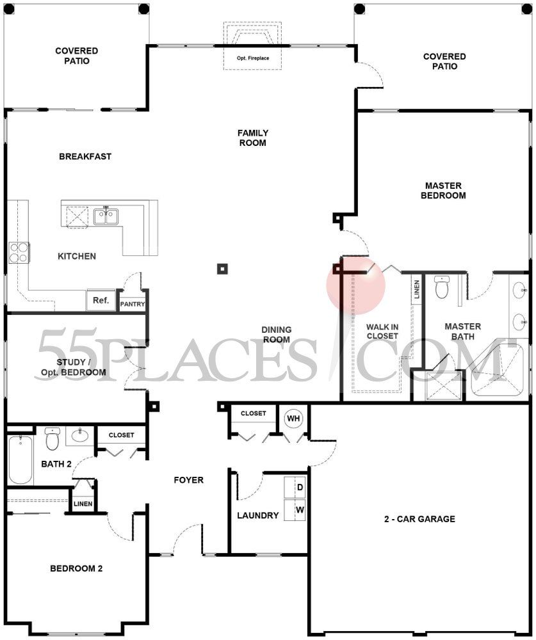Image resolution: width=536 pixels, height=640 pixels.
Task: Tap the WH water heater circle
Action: pyautogui.click(x=293, y=419)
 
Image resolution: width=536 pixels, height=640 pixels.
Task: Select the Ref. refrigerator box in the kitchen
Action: pyautogui.click(x=101, y=300)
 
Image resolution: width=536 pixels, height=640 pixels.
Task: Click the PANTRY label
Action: pyautogui.click(x=133, y=305)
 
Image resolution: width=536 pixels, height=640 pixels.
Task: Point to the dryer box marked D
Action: pyautogui.click(x=298, y=487)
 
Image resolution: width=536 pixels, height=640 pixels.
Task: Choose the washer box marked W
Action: pyautogui.click(x=298, y=511)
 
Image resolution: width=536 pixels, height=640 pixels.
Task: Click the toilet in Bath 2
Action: pyautogui.click(x=52, y=440)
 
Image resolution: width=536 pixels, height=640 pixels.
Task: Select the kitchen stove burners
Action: pyautogui.click(x=18, y=252)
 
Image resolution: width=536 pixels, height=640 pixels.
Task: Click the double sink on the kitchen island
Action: pyautogui.click(x=106, y=216)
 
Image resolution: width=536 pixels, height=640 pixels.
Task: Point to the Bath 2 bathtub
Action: pyautogui.click(x=19, y=460)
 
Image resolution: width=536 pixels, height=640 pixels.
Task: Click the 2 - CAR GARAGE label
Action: pyautogui.click(x=416, y=519)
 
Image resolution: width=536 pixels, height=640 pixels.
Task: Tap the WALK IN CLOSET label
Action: pyautogui.click(x=382, y=331)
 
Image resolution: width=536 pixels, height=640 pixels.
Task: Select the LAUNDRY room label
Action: pyautogui.click(x=257, y=515)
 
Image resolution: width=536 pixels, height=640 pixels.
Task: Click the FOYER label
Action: pyautogui.click(x=189, y=479)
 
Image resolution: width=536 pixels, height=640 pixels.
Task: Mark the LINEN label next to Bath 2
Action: pyautogui.click(x=83, y=504)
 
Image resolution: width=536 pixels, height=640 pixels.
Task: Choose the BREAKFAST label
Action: pyautogui.click(x=85, y=156)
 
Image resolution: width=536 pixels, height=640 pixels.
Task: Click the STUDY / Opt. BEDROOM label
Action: pyautogui.click(x=72, y=367)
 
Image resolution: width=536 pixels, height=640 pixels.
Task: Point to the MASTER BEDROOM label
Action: pyautogui.click(x=443, y=190)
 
